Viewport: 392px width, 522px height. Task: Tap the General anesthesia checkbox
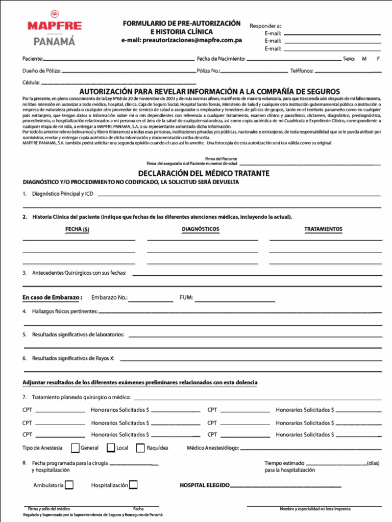click(76, 448)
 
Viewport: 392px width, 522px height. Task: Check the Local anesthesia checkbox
click(111, 448)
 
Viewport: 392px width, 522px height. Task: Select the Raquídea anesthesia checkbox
click(140, 448)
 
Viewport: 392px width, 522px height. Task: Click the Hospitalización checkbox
click(133, 485)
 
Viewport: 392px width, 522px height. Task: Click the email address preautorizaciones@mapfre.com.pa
click(181, 40)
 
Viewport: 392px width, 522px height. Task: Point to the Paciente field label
click(33, 59)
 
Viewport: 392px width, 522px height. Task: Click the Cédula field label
click(31, 83)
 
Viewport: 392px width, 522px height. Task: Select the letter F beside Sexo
click(378, 59)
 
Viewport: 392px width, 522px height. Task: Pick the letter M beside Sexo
click(364, 59)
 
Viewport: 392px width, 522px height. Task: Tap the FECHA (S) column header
click(77, 229)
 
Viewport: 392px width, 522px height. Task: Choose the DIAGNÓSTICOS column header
click(201, 229)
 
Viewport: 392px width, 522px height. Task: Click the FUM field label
click(186, 298)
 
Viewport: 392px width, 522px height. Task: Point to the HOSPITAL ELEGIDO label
click(205, 485)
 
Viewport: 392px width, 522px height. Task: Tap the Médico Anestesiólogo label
click(213, 448)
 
